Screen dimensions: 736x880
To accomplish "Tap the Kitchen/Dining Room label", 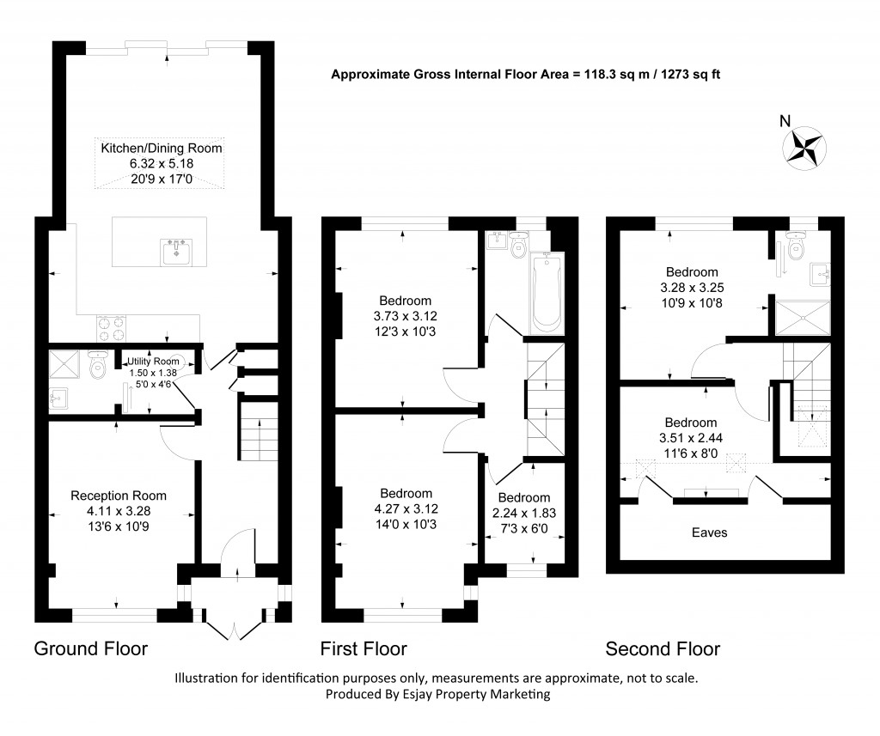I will [x=162, y=148].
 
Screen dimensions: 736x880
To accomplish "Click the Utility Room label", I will [x=156, y=361].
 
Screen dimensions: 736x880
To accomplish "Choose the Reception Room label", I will [x=119, y=496].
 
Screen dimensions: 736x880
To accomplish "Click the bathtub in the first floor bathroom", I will [x=547, y=294].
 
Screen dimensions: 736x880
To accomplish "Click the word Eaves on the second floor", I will [x=710, y=532].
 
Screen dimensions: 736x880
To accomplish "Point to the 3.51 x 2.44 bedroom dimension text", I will [x=690, y=437].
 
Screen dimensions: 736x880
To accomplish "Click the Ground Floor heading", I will [x=90, y=648].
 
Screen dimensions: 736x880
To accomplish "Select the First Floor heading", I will [x=364, y=648].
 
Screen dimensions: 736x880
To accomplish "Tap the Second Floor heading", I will [x=663, y=648].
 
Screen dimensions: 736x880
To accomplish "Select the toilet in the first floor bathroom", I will [x=518, y=246].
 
